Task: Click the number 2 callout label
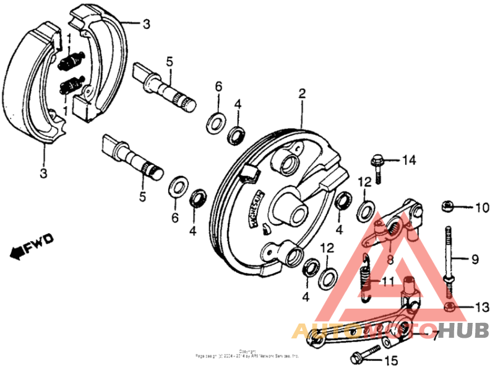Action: pyautogui.click(x=302, y=94)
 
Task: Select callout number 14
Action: pyautogui.click(x=409, y=160)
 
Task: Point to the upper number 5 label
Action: pyautogui.click(x=168, y=61)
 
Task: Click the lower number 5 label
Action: pyautogui.click(x=142, y=198)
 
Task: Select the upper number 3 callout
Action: pyautogui.click(x=146, y=25)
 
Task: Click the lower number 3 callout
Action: pyautogui.click(x=43, y=174)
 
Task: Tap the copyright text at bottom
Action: pyautogui.click(x=247, y=356)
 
